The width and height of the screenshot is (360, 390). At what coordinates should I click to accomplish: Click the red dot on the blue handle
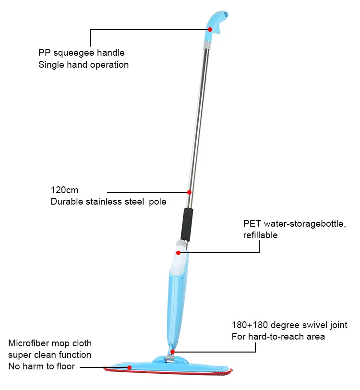pyautogui.click(x=209, y=29)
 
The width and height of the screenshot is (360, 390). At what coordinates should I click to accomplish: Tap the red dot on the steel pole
pyautogui.click(x=189, y=192)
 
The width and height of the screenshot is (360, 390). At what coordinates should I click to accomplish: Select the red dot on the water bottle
pyautogui.click(x=178, y=253)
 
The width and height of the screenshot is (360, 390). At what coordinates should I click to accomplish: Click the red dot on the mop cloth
pyautogui.click(x=129, y=368)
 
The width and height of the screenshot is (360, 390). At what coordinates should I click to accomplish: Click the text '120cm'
pyautogui.click(x=65, y=190)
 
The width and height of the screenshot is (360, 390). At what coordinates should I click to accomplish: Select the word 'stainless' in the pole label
pyautogui.click(x=103, y=202)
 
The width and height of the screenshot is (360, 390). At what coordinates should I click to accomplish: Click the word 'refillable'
pyautogui.click(x=261, y=235)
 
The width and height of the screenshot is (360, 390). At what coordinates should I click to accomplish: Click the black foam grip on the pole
pyautogui.click(x=187, y=224)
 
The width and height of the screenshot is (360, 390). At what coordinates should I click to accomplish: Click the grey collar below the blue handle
pyautogui.click(x=206, y=44)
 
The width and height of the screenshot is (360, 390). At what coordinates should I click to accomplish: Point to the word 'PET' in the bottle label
pyautogui.click(x=252, y=224)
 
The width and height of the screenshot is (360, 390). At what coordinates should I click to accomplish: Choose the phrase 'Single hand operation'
pyautogui.click(x=84, y=64)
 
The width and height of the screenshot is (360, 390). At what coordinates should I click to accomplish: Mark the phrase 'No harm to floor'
pyautogui.click(x=42, y=367)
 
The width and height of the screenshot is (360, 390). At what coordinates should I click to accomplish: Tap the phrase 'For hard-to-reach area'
pyautogui.click(x=278, y=336)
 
